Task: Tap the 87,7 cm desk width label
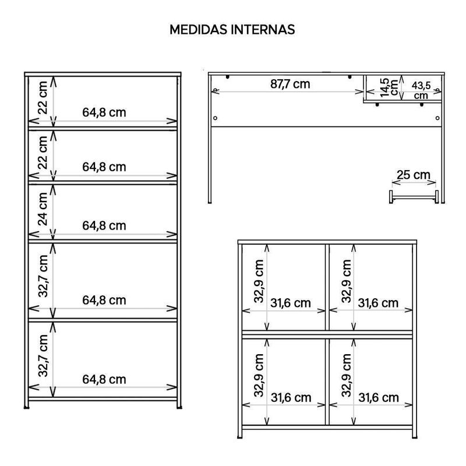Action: (x=290, y=84)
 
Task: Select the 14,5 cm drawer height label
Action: (x=389, y=87)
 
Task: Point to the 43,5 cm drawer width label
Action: (x=421, y=90)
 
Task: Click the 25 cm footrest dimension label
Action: (x=414, y=175)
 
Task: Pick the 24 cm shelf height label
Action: (x=43, y=209)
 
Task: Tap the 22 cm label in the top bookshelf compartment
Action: (x=43, y=97)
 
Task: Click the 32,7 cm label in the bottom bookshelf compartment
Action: (x=43, y=355)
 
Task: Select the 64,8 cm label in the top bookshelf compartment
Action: (x=104, y=112)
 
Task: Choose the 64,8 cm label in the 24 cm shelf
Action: (x=104, y=225)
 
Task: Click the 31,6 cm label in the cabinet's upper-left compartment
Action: (x=290, y=303)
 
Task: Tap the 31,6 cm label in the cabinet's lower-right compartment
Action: (x=378, y=398)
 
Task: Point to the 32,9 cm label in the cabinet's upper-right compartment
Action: (x=346, y=281)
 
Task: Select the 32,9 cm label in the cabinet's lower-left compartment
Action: (x=259, y=375)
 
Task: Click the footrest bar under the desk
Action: (x=414, y=197)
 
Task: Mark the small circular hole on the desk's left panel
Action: (x=215, y=118)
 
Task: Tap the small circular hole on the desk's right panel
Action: (x=437, y=118)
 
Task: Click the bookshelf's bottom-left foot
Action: (x=27, y=407)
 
